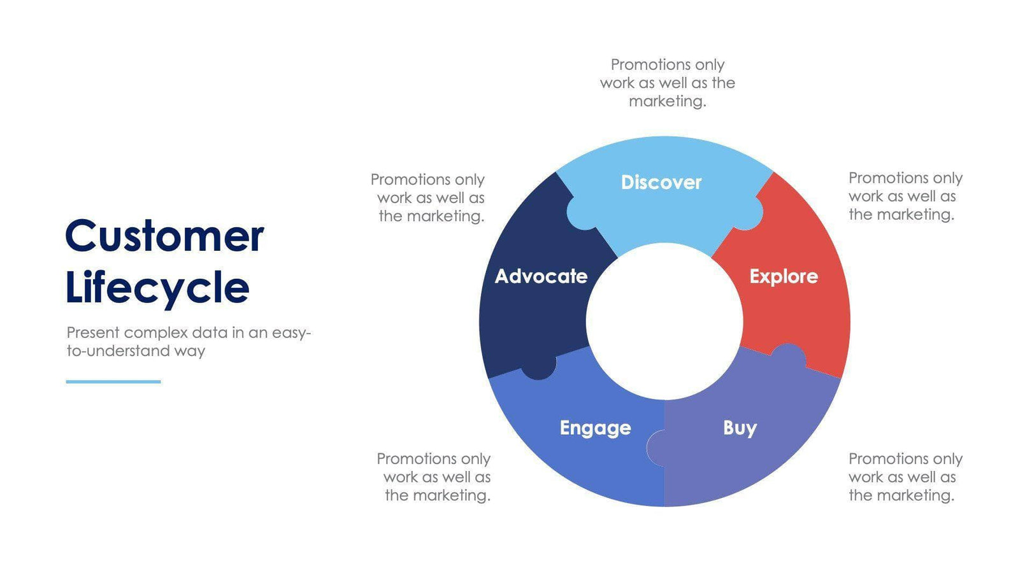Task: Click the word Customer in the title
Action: pos(164,236)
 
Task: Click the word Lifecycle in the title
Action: pos(157,288)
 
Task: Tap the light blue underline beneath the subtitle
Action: pos(113,381)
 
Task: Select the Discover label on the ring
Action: pos(661,183)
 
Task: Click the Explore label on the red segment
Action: pos(783,276)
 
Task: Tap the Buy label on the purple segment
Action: pos(739,428)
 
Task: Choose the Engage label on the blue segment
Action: pos(595,428)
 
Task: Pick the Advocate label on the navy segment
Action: pos(541,276)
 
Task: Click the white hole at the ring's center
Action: pos(664,322)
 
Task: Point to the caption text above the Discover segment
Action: pos(667,83)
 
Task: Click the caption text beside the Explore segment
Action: pos(904,196)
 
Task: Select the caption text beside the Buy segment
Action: pos(904,477)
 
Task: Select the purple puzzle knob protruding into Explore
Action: pos(789,356)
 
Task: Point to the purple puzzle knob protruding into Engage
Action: pos(656,448)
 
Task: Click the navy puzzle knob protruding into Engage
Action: pos(539,369)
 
